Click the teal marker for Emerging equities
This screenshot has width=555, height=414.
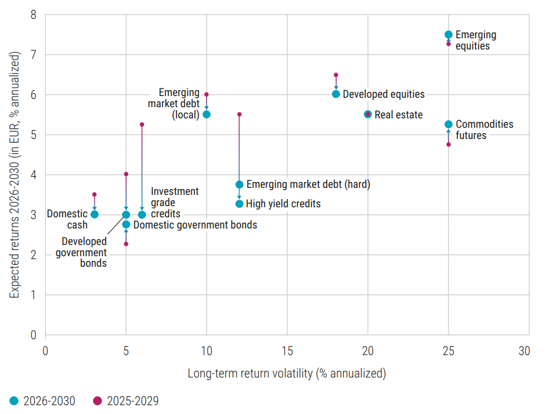pos(448,35)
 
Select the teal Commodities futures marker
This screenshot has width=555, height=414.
pos(448,124)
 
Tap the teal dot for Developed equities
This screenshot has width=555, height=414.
pos(336,94)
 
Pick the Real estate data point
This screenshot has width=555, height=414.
pos(368,114)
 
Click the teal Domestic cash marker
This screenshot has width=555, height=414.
pos(94,214)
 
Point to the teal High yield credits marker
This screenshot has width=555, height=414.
pos(240,204)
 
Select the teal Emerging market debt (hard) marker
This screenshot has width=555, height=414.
pos(240,184)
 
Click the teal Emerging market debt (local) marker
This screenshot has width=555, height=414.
pos(207,114)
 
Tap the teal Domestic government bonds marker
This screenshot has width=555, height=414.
pos(126,224)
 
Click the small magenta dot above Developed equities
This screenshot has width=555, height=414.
pos(336,75)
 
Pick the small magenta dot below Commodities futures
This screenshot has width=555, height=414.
pos(448,144)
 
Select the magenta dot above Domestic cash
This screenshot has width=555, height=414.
pos(94,194)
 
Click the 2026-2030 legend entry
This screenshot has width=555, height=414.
pos(43,401)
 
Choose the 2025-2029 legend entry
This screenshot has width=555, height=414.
pos(126,401)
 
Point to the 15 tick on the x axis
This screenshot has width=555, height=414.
pos(287,351)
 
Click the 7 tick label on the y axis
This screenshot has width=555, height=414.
pos(34,55)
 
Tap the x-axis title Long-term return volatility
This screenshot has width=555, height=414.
pos(287,373)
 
